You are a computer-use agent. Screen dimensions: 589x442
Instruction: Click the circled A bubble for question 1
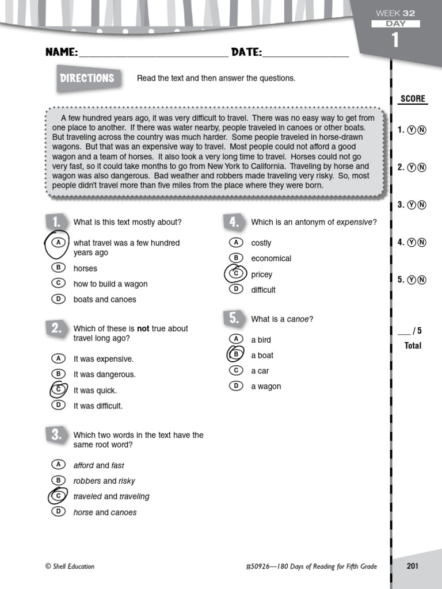[58, 243]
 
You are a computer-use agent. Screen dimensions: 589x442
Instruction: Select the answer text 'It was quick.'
[95, 391]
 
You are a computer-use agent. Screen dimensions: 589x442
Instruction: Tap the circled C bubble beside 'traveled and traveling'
[58, 496]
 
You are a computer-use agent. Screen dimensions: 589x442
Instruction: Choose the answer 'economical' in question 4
[271, 259]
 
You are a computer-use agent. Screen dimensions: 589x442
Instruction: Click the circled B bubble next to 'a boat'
[235, 355]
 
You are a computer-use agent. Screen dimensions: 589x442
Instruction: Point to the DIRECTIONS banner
[87, 78]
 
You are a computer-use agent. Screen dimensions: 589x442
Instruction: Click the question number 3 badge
[55, 435]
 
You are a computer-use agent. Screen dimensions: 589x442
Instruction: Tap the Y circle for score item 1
[411, 130]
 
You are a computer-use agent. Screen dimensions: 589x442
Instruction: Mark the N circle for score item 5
[422, 280]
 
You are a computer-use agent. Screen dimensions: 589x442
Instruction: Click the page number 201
[412, 566]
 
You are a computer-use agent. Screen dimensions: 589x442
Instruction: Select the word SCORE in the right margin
[413, 99]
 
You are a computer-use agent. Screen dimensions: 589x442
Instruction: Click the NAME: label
[62, 53]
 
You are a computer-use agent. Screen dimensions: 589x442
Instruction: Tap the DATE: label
[246, 53]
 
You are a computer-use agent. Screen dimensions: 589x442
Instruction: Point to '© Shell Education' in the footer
[70, 567]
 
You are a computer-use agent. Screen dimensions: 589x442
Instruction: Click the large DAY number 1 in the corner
[395, 40]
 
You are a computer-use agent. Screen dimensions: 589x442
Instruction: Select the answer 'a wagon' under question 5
[266, 387]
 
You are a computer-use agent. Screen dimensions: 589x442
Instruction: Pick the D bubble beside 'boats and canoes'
[58, 299]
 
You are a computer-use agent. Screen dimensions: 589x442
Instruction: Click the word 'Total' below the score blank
[413, 346]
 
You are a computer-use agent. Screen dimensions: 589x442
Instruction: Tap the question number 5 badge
[233, 318]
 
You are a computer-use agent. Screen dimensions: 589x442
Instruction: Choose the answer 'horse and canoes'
[105, 512]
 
